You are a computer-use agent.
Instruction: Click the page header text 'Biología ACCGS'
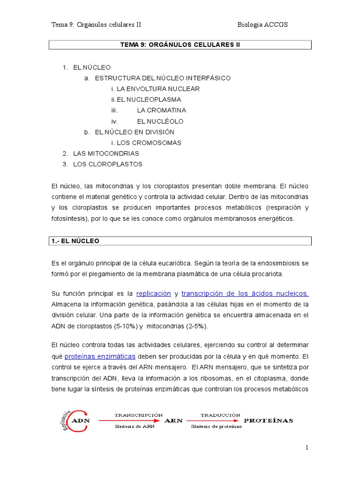click(262, 24)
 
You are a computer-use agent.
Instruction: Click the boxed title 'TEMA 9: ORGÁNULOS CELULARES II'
click(180, 45)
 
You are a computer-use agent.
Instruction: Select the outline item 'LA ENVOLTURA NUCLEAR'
click(158, 89)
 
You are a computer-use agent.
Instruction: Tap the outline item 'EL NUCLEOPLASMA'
click(149, 99)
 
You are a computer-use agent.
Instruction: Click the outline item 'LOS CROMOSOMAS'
click(149, 142)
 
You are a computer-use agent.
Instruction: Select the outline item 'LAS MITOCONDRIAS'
click(106, 153)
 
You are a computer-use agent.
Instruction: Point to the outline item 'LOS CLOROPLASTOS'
click(107, 164)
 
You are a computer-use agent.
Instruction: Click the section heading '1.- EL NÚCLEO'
click(75, 241)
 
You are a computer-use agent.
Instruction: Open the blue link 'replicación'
click(153, 293)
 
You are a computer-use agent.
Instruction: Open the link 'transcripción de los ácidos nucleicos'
click(245, 293)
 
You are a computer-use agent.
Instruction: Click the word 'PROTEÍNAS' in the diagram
click(269, 420)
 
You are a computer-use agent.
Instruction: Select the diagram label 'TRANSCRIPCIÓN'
click(139, 415)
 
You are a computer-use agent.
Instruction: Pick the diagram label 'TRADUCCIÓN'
click(220, 415)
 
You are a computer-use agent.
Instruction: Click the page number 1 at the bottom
click(307, 448)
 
